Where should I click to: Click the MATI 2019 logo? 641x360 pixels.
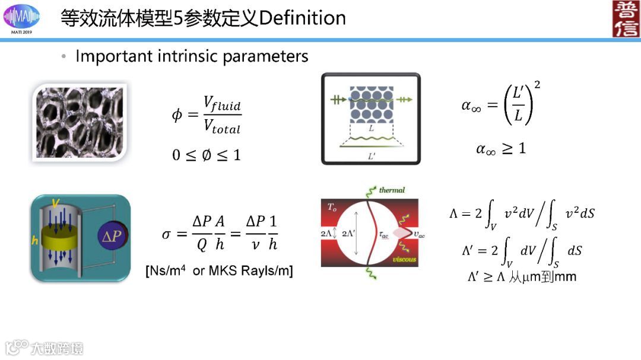22,18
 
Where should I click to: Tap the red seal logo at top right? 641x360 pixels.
625,18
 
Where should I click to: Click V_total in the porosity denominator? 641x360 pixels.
221,126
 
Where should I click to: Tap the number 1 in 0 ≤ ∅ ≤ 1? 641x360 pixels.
237,155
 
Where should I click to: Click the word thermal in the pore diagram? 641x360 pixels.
392,190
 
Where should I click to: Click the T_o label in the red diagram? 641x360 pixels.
332,207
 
